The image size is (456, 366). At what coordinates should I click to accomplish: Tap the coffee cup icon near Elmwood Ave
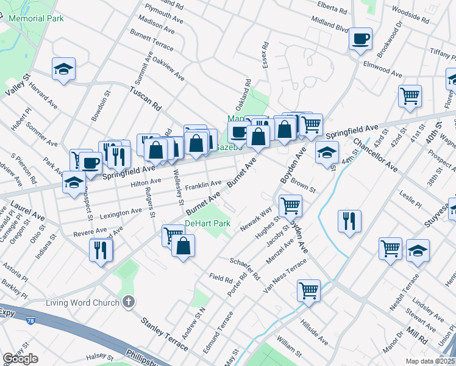tap(360, 39)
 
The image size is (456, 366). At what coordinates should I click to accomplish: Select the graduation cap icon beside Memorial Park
tap(63, 70)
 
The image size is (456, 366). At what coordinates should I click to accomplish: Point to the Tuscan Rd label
tap(144, 98)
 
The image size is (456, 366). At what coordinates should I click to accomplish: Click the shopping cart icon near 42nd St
tap(410, 96)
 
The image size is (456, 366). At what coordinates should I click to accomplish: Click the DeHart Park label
tap(207, 224)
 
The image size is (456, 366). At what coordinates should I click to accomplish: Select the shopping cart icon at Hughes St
tap(290, 206)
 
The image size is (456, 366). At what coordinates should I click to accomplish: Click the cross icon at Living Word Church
tap(128, 301)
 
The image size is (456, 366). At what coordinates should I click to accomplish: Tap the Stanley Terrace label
tap(165, 334)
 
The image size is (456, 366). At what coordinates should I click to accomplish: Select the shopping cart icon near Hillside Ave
tap(309, 290)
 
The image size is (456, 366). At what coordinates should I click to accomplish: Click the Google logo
tap(20, 359)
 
